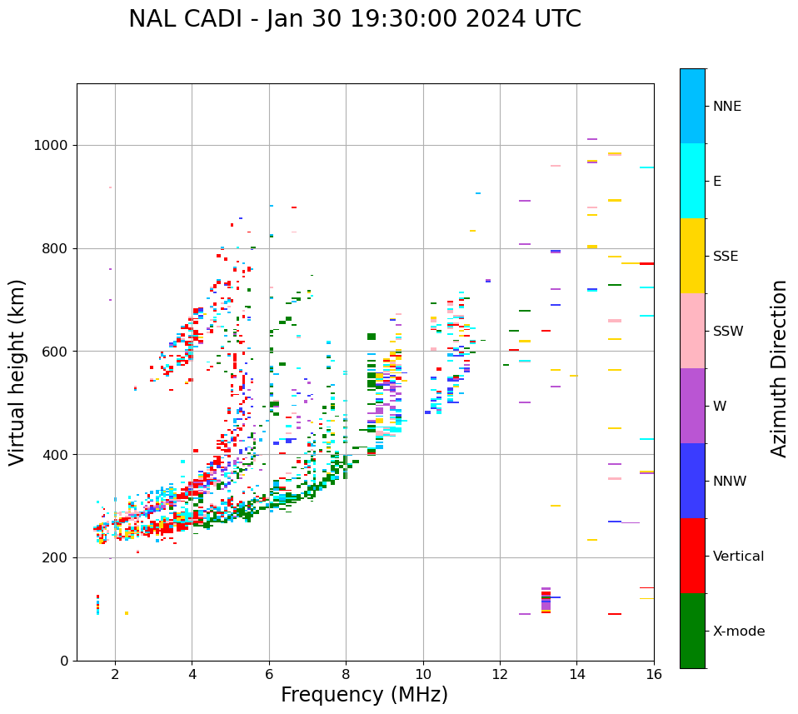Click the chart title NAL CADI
[354, 19]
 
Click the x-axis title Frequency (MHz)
[364, 695]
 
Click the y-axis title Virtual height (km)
[17, 372]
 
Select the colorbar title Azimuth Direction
[779, 367]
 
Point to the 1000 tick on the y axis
[55, 146]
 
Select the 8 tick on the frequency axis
[347, 674]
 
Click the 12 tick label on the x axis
[500, 674]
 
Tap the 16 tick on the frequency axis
[654, 674]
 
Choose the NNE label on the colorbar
[727, 107]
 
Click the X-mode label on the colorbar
[739, 632]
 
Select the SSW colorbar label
[728, 332]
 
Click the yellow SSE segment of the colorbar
[692, 256]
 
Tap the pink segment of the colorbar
[692, 331]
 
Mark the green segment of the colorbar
[692, 631]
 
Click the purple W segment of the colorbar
[692, 406]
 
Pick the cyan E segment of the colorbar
[692, 181]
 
